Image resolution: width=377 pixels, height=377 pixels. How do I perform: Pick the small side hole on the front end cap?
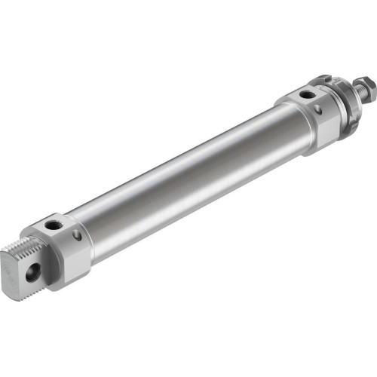click(x=317, y=110)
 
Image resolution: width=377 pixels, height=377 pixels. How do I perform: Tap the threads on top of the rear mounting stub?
click(x=27, y=245)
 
